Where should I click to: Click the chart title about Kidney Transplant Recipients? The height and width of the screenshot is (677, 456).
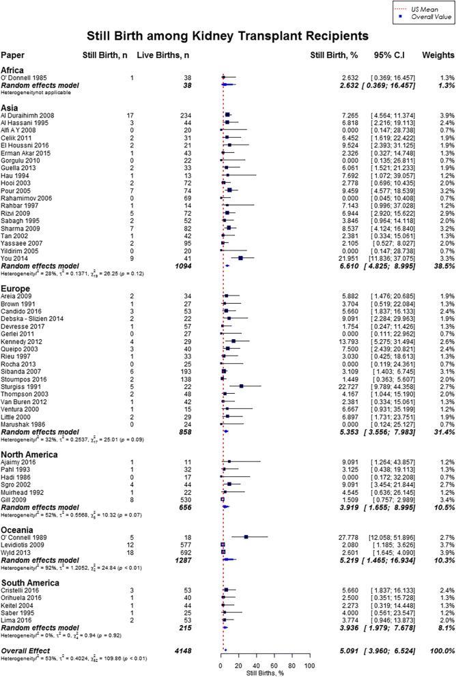[227, 34]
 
